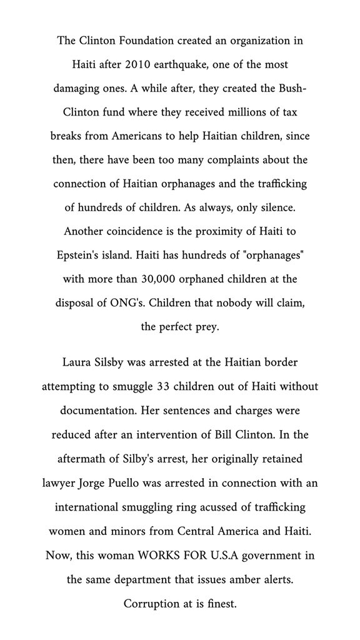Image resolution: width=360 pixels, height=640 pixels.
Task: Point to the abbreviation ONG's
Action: [x=152, y=302]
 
